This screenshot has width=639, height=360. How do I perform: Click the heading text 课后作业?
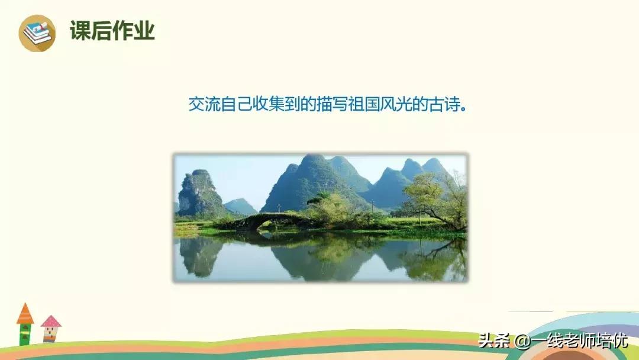[112, 31]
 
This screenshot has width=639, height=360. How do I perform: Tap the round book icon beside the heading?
[37, 33]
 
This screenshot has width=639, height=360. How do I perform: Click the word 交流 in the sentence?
[203, 105]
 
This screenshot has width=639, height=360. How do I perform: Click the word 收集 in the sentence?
[264, 105]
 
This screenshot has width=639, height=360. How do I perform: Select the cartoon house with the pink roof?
[51, 329]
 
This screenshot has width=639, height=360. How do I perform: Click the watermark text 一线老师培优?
[579, 342]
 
